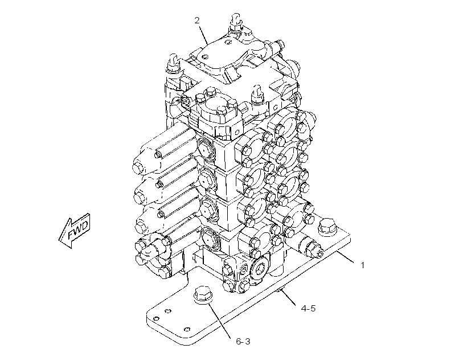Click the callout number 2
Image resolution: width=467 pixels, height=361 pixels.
point(197,20)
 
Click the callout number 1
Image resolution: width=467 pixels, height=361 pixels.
point(362,265)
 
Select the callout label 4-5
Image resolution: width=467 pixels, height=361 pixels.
point(308,308)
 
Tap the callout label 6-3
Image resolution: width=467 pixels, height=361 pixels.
point(243,341)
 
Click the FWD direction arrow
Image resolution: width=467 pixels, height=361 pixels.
point(74,231)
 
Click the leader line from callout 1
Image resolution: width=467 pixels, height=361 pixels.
point(345,257)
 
